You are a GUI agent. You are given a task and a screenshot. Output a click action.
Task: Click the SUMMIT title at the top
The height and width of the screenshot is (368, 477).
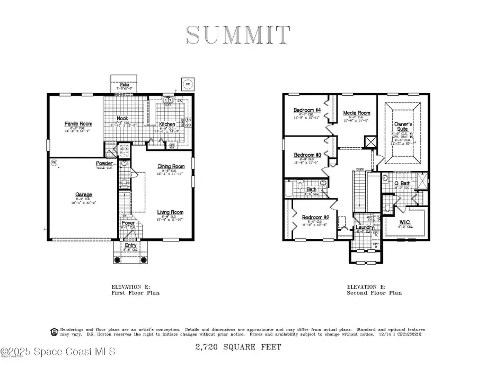(x=238, y=35)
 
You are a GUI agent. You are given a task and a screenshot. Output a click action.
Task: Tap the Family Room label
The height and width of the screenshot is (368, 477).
(x=78, y=124)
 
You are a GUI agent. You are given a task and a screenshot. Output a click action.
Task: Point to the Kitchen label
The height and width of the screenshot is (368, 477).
(x=167, y=124)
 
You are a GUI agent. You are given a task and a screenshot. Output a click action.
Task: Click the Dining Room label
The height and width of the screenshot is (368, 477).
(x=171, y=167)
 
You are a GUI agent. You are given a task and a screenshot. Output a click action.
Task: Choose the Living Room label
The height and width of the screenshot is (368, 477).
(x=171, y=212)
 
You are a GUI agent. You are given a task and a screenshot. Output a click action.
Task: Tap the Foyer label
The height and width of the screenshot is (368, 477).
(x=128, y=223)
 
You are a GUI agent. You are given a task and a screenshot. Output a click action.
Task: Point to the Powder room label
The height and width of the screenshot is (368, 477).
(x=104, y=164)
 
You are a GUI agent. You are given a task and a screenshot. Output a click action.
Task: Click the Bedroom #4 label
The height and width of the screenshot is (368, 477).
(x=307, y=110)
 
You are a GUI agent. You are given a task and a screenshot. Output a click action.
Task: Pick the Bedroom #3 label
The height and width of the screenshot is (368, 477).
(x=307, y=155)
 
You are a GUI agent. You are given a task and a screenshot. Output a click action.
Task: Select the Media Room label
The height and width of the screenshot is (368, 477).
(x=357, y=113)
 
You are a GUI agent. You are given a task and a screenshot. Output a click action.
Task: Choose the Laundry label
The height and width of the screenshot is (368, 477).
(x=365, y=228)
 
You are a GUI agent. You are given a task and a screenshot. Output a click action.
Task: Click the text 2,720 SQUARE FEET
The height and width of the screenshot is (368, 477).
(x=237, y=347)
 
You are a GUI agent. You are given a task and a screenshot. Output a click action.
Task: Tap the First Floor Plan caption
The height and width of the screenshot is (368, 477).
(x=135, y=293)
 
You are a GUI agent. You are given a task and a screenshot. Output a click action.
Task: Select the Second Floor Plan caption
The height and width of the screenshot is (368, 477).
(x=374, y=293)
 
